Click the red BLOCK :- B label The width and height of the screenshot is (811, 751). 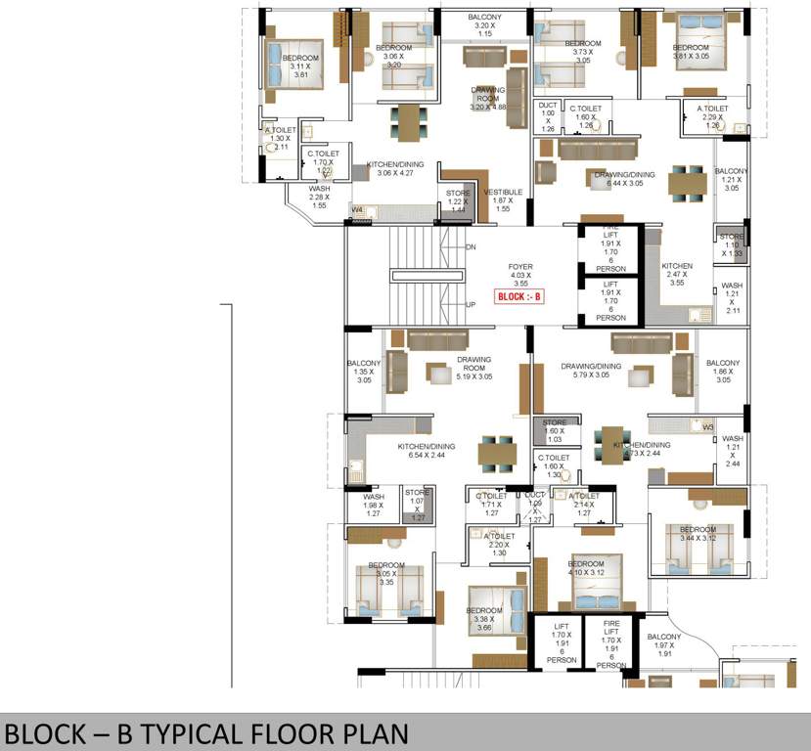tap(518, 295)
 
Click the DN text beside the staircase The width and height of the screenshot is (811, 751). tap(471, 247)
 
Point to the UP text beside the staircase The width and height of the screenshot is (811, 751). tap(471, 304)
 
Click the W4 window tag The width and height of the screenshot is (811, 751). tap(357, 210)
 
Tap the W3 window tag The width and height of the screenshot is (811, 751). tap(708, 427)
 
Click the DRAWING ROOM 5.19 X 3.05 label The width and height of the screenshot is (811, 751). tap(473, 368)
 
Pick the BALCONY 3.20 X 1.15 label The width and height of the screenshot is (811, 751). tap(485, 25)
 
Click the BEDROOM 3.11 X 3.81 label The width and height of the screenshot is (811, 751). tap(300, 66)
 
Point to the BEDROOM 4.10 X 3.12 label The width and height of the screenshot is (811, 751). tap(586, 570)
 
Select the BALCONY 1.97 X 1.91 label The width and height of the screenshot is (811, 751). tap(664, 644)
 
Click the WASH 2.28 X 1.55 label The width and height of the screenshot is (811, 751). tap(319, 197)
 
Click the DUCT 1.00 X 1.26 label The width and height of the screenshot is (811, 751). tap(548, 116)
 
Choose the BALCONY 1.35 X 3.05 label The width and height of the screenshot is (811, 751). tap(364, 372)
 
